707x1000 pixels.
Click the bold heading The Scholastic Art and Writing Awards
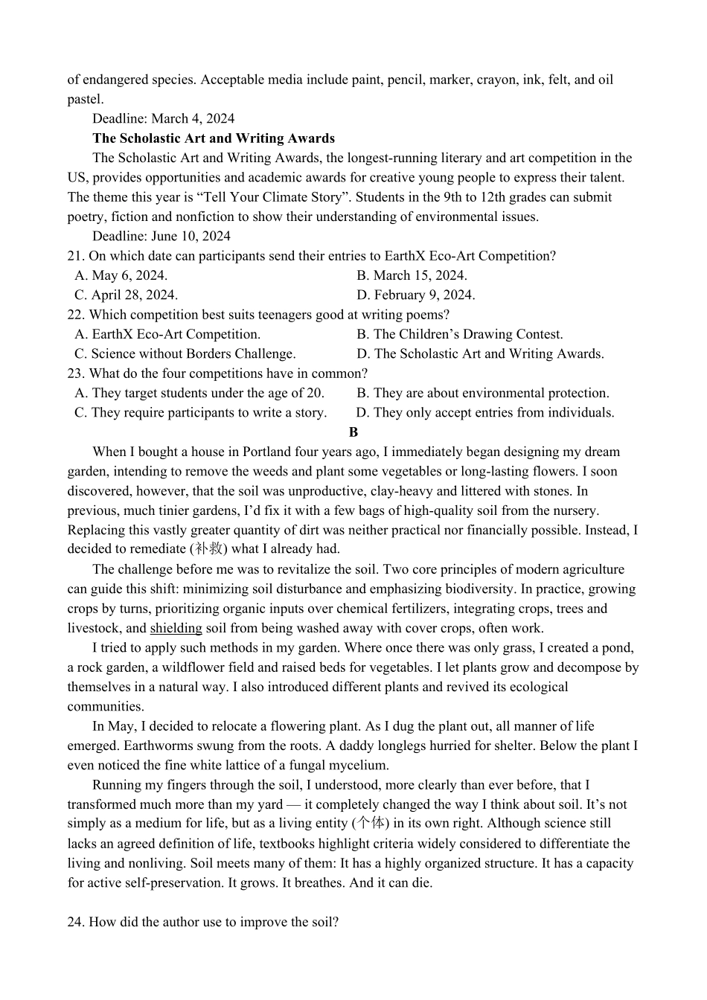(214, 138)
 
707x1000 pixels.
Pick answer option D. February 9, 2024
(415, 295)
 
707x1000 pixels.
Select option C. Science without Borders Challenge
(185, 353)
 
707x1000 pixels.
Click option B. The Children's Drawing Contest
(460, 334)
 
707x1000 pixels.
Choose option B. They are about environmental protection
(482, 393)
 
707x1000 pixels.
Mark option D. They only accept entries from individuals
(485, 412)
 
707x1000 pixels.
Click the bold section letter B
(353, 432)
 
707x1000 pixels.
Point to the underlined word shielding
(176, 628)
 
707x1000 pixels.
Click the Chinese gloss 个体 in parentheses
(371, 823)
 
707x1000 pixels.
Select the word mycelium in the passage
(360, 765)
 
